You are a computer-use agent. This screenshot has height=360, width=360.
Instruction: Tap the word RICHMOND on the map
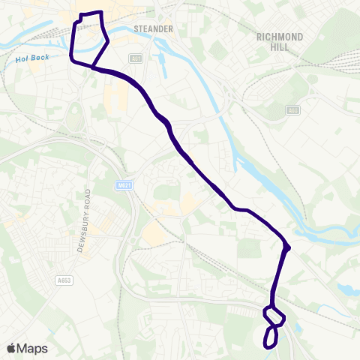pos(280,36)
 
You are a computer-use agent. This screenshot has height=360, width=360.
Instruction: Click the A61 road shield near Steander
pos(135,57)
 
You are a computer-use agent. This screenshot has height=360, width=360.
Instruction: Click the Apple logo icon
pos(11,349)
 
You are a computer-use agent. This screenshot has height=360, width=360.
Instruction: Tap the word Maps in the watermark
pos(32,349)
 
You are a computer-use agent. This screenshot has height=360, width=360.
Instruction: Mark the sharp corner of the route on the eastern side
pos(288,247)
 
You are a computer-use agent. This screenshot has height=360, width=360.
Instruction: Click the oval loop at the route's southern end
pos(270,337)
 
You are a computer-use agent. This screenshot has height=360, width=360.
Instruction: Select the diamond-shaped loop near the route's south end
pos(274,316)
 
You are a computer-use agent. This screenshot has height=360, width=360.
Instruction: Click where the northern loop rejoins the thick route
pos(92,67)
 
